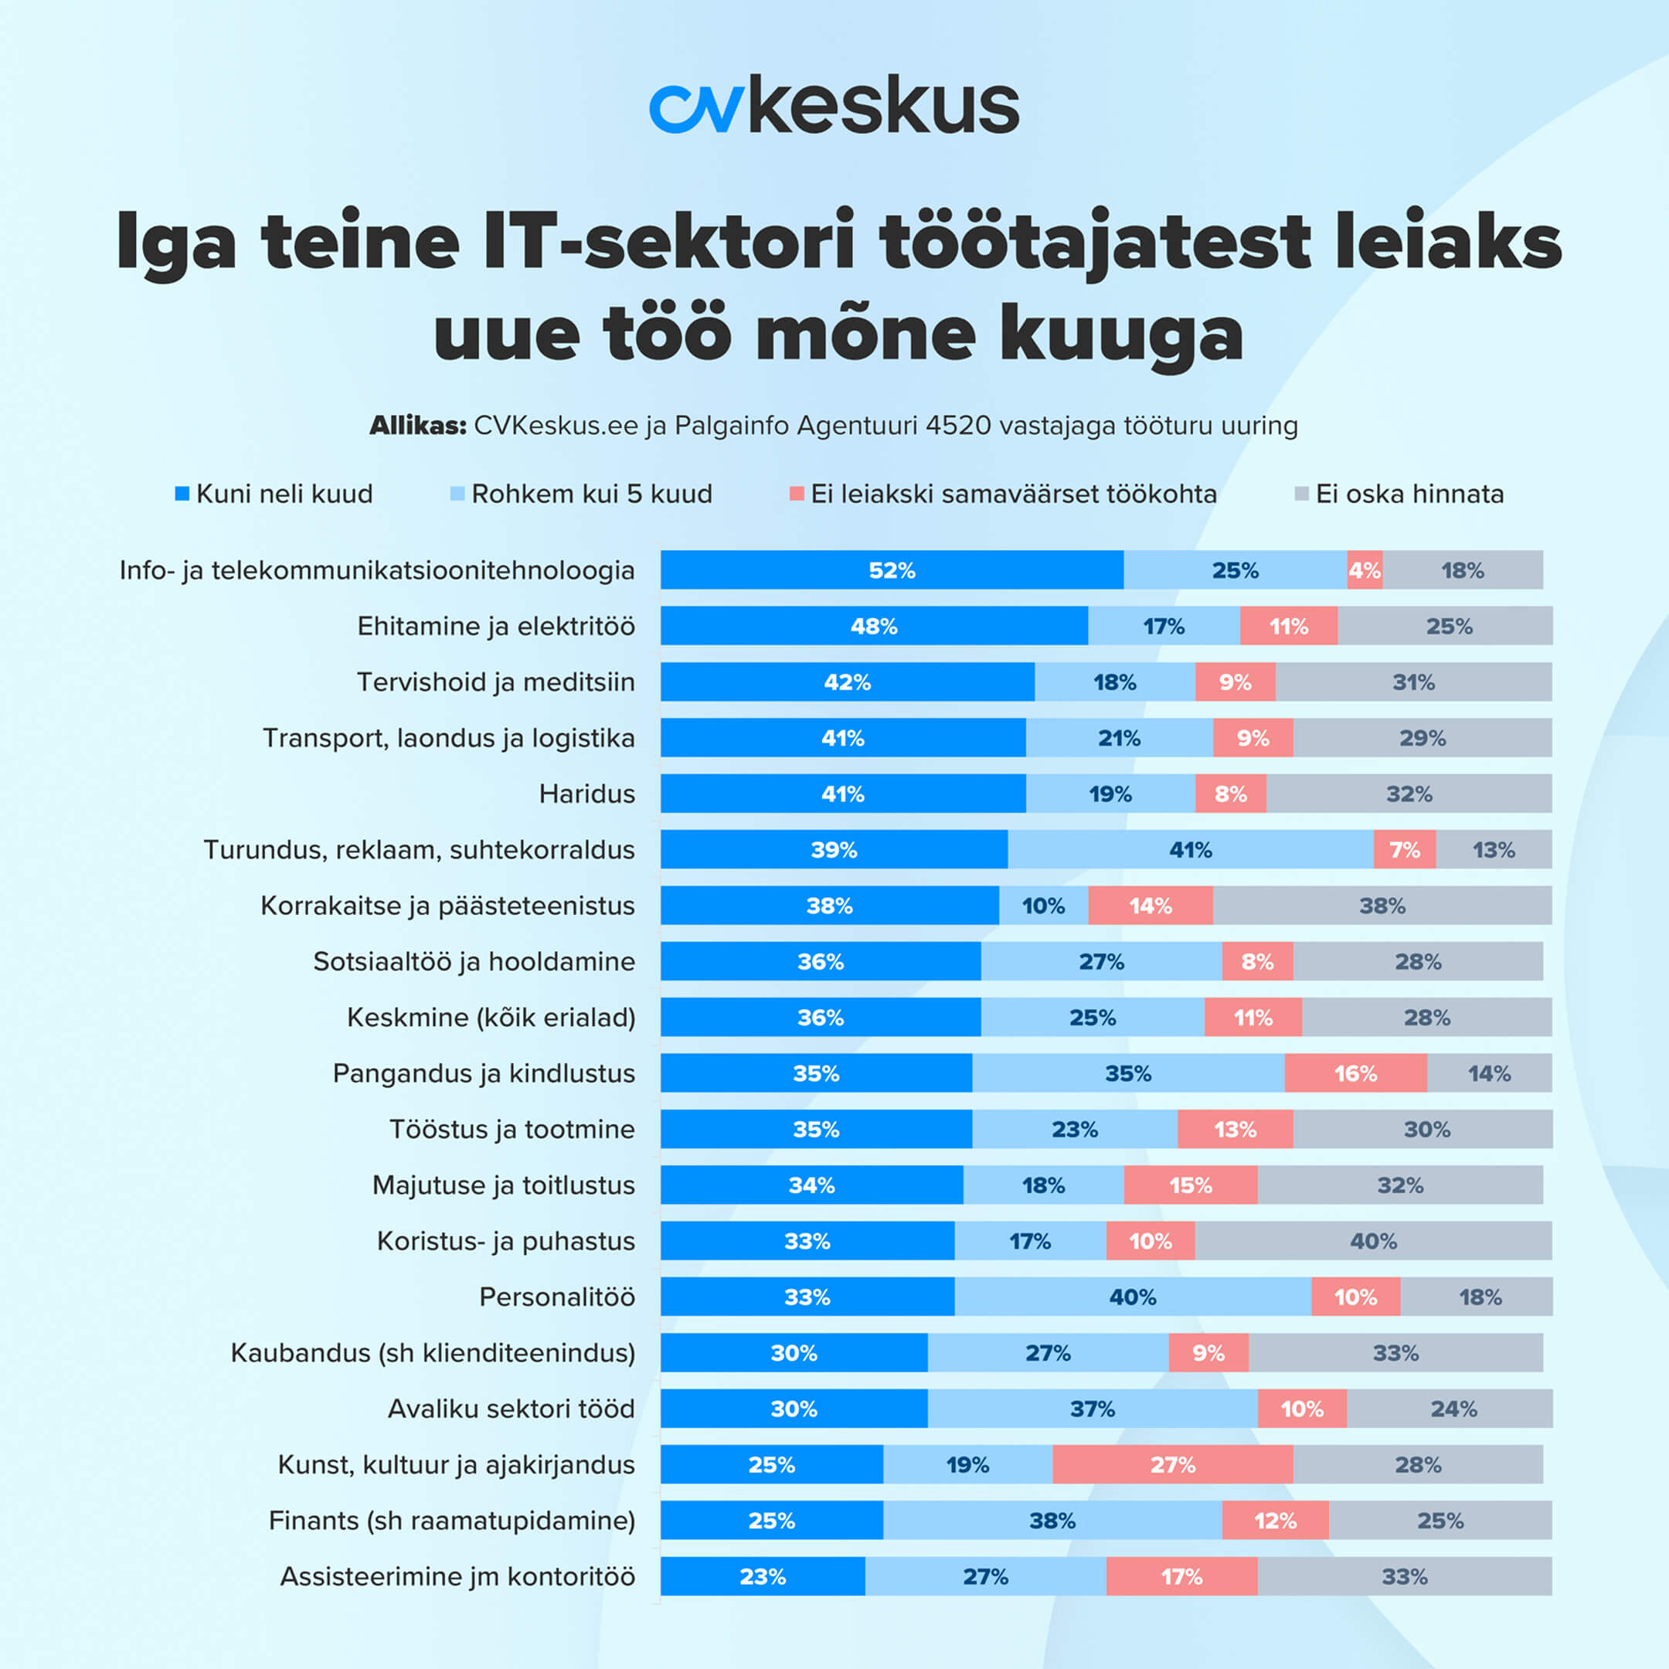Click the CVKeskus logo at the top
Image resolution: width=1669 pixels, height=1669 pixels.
[834, 105]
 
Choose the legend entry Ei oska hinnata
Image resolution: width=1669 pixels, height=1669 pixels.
[1408, 495]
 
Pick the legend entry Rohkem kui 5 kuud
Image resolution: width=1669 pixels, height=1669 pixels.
[591, 495]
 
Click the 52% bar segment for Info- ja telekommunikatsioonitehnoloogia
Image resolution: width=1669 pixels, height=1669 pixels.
[892, 570]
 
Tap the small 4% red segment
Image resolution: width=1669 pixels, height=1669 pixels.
[1364, 570]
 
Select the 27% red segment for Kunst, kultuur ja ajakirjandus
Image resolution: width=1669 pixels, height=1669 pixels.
[1172, 1465]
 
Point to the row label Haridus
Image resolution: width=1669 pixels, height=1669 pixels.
[586, 794]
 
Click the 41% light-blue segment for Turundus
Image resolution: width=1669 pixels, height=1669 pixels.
[1191, 850]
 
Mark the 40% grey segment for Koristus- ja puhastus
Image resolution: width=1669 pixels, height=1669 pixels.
[1373, 1242]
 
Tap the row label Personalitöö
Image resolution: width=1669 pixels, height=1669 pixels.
[557, 1297]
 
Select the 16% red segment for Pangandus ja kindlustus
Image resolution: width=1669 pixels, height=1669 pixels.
[1355, 1074]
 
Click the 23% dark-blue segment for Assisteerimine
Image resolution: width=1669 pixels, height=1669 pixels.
[763, 1576]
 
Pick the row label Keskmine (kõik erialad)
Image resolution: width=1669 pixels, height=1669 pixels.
[491, 1018]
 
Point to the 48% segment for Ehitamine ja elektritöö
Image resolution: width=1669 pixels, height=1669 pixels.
[873, 627]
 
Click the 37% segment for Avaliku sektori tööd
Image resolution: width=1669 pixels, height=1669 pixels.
[1092, 1409]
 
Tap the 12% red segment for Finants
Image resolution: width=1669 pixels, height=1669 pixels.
[1275, 1521]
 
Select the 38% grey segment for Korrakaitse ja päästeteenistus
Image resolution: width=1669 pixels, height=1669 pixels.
[1382, 906]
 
